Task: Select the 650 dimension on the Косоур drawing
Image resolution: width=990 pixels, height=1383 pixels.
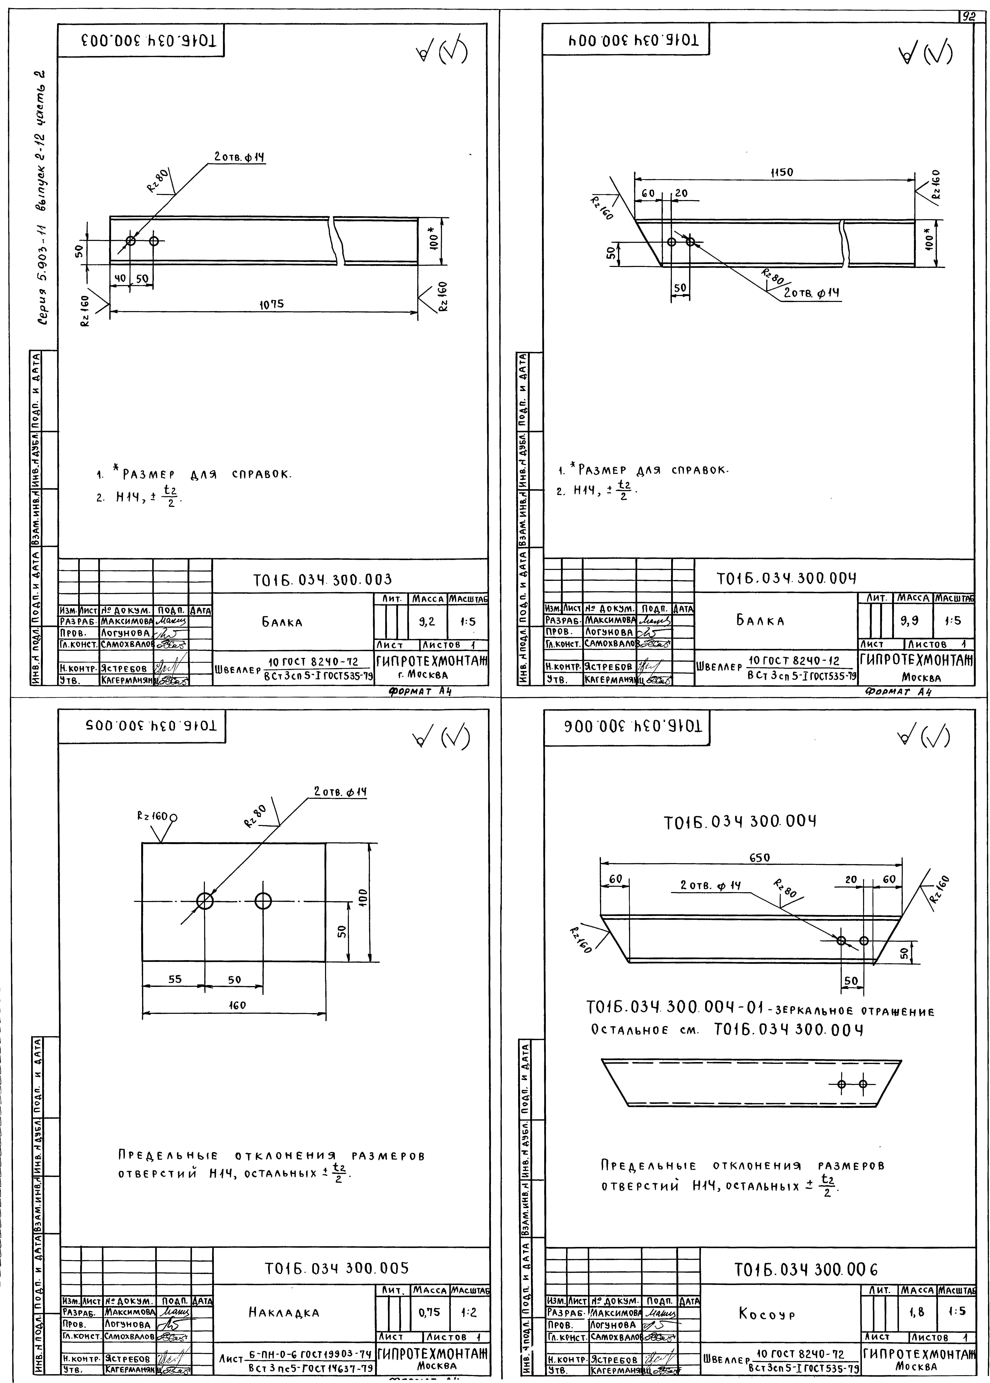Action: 759,857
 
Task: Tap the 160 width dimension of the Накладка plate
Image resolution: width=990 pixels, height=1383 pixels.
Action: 237,1005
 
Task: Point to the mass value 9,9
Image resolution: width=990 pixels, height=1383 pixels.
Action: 910,621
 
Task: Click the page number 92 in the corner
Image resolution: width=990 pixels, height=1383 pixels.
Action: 967,17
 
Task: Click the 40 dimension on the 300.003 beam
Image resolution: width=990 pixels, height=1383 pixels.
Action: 120,278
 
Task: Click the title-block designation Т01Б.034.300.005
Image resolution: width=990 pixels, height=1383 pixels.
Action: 337,1268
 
